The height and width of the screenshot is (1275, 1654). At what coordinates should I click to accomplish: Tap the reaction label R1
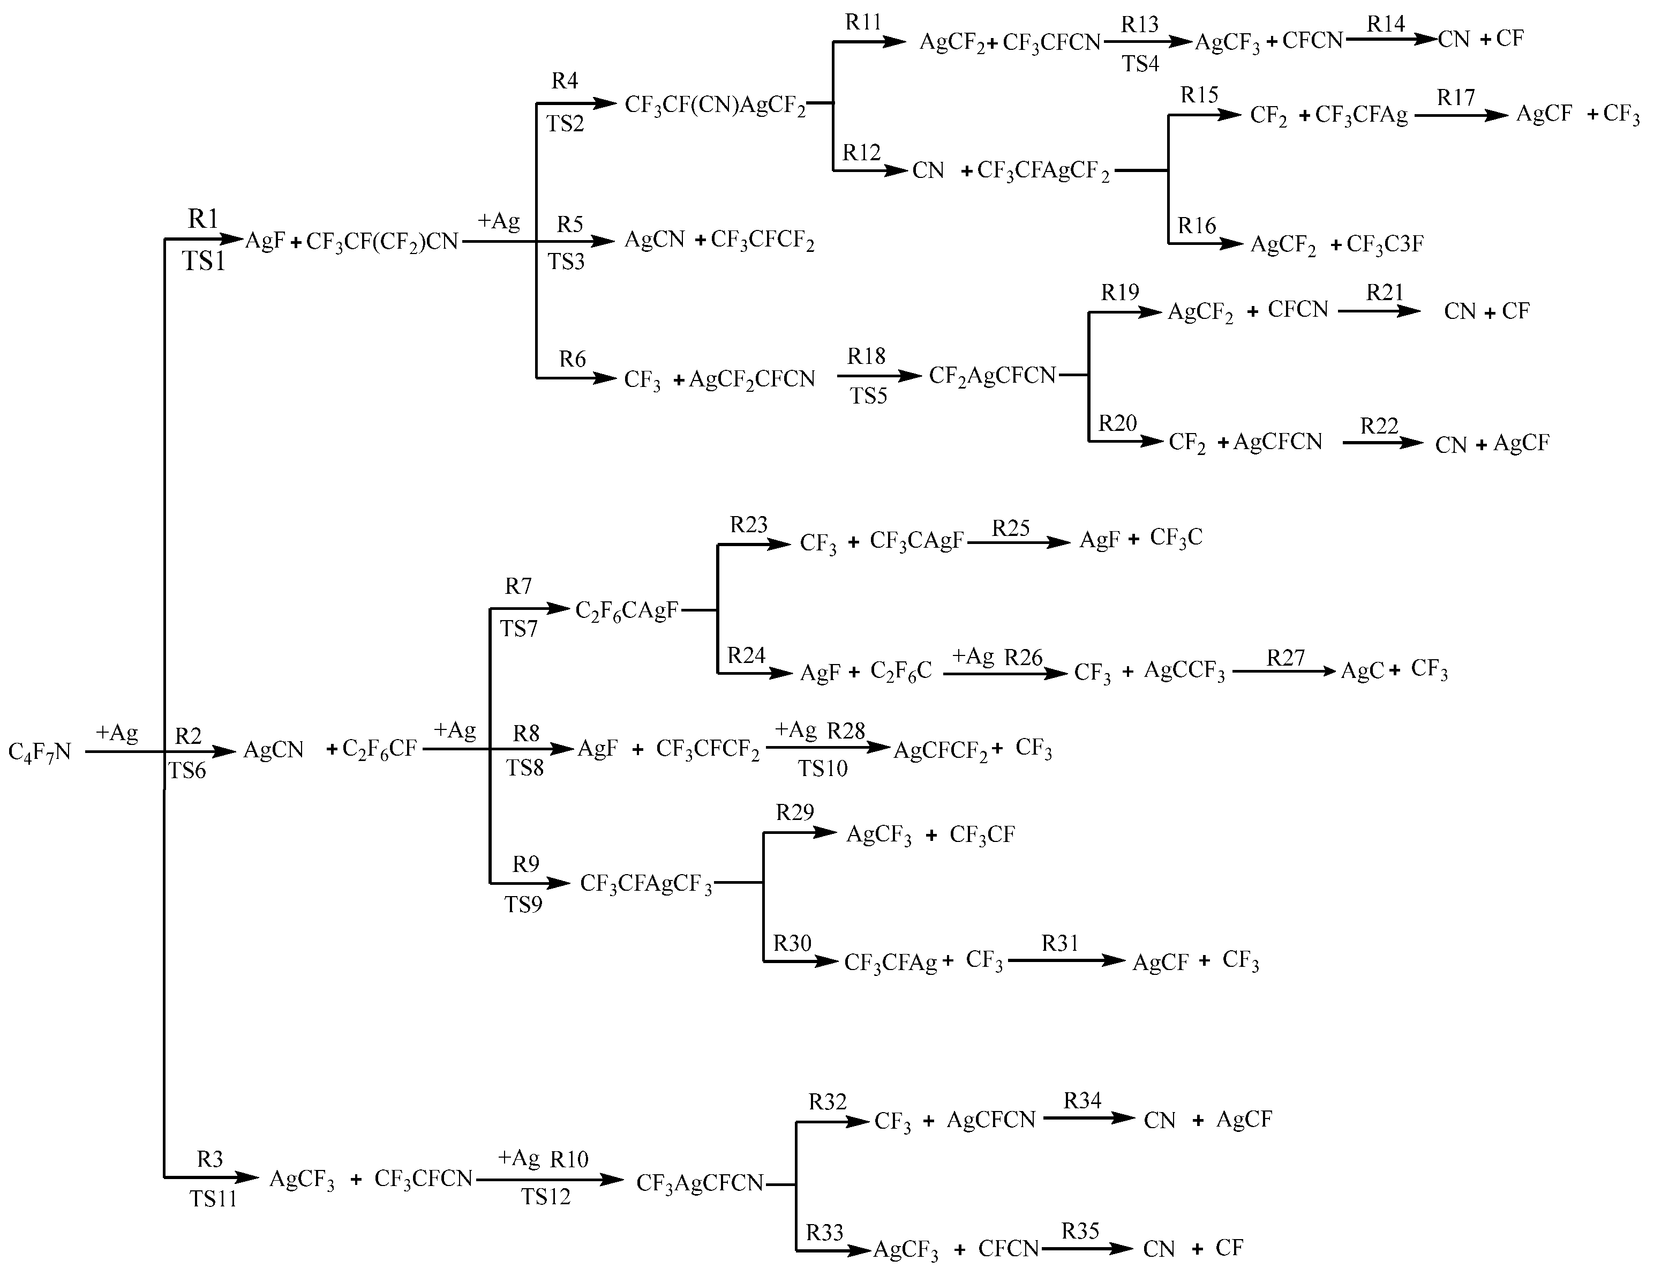click(203, 219)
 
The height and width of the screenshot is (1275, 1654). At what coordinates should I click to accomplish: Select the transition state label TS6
click(187, 771)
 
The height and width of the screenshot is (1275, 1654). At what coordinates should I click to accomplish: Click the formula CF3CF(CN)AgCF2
click(715, 105)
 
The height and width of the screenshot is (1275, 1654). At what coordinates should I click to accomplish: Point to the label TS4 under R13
click(1140, 64)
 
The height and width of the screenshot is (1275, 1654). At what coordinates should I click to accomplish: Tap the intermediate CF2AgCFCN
click(992, 375)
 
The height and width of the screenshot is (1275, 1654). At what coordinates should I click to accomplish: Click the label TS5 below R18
click(868, 396)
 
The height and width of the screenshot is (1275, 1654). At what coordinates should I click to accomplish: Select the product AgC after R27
click(1362, 671)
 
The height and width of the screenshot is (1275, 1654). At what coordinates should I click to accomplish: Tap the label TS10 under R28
click(823, 769)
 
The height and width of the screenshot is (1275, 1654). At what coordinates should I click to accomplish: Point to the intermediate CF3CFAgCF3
click(646, 884)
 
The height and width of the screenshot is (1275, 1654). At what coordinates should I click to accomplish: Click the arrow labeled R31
click(1066, 960)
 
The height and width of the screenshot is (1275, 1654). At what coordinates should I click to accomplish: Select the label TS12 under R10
click(545, 1197)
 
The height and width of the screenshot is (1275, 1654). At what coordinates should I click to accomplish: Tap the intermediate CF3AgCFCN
click(700, 1183)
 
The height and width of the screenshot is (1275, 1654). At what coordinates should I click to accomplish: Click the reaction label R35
click(1080, 1231)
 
